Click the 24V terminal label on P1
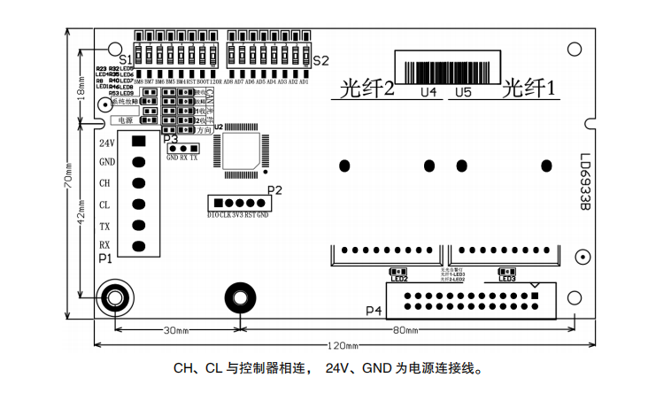(107, 143)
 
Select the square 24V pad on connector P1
(138, 142)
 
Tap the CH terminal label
(106, 183)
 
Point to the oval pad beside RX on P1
(138, 245)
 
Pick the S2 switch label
(320, 61)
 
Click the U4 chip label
(428, 92)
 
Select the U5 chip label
(462, 92)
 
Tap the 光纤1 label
(529, 89)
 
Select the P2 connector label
(274, 189)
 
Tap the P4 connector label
(374, 312)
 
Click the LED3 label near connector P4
(507, 280)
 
